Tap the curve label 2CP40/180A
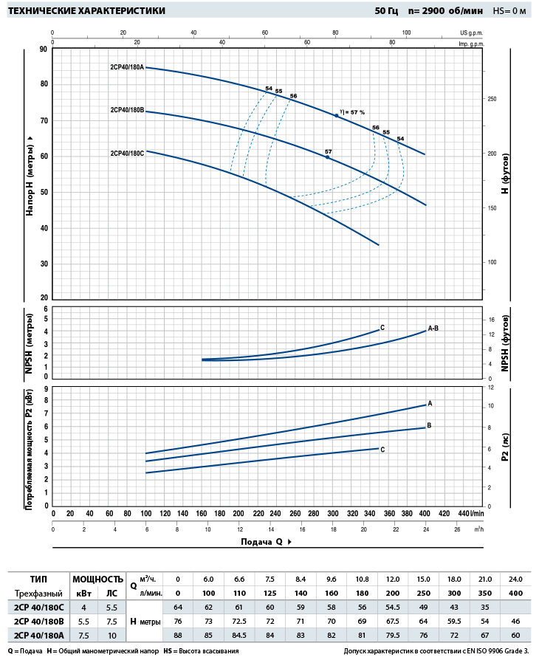click(127, 67)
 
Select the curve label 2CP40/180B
click(127, 110)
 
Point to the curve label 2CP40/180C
click(127, 154)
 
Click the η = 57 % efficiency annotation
click(353, 112)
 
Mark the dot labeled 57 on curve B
click(328, 157)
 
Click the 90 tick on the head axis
click(44, 49)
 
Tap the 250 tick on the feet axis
click(492, 99)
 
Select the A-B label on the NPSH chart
click(434, 327)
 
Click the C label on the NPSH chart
click(382, 327)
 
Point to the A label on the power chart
click(430, 403)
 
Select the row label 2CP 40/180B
click(39, 621)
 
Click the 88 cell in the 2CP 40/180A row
click(177, 635)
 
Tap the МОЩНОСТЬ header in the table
click(97, 579)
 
